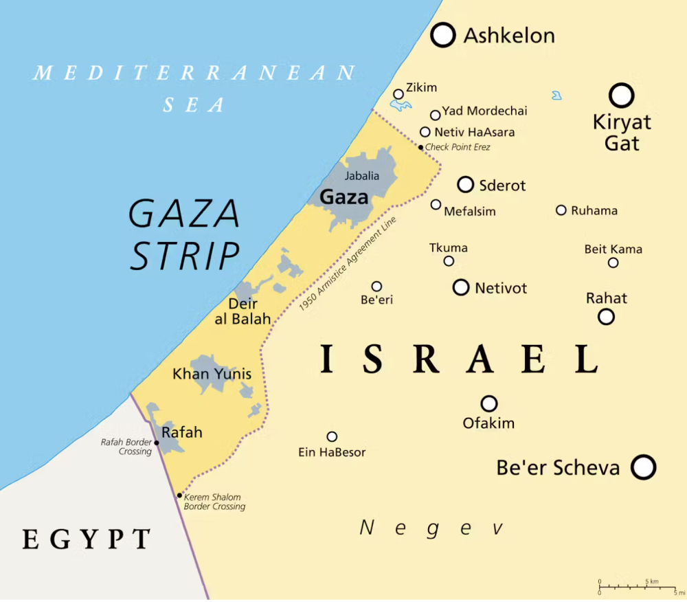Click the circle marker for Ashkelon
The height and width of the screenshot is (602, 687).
click(443, 35)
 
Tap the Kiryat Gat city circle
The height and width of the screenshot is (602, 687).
click(622, 96)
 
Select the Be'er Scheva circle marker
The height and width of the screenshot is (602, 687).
click(643, 467)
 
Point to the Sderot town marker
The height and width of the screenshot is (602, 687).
click(466, 184)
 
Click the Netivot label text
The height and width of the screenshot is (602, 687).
click(501, 288)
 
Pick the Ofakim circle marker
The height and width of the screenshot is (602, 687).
click(488, 403)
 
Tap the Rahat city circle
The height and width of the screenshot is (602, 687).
click(606, 317)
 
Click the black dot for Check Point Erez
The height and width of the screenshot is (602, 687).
click(420, 147)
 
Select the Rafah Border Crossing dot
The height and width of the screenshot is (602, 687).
click(157, 443)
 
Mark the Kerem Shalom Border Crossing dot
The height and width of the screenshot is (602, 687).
click(179, 495)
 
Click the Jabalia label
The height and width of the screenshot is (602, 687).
click(361, 176)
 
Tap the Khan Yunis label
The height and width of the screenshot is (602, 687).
click(212, 375)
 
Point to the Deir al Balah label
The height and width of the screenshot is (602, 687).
click(243, 311)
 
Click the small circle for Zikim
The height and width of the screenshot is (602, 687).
click(398, 94)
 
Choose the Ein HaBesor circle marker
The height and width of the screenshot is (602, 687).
click(332, 436)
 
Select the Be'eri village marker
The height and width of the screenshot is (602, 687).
click(376, 287)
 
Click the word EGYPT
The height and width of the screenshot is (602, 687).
click(87, 539)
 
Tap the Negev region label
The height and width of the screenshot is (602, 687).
click(432, 528)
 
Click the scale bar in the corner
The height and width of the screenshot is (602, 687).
click(638, 587)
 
